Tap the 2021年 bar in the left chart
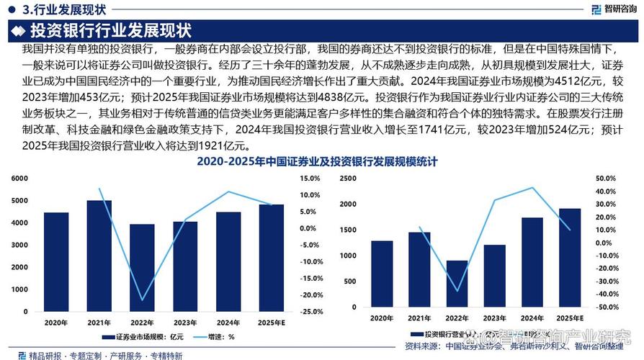point(99,256)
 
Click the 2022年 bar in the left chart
point(142,267)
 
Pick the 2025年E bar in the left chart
point(272,258)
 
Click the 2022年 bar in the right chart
point(457,286)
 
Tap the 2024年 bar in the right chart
point(532,264)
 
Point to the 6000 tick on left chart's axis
point(19,178)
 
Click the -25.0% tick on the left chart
point(310,312)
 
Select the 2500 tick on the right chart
point(348,178)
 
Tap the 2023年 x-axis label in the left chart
point(185,322)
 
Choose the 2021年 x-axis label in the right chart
point(419,318)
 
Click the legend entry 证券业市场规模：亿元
point(143,336)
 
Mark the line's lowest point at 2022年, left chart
point(142,300)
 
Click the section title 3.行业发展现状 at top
point(63,10)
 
